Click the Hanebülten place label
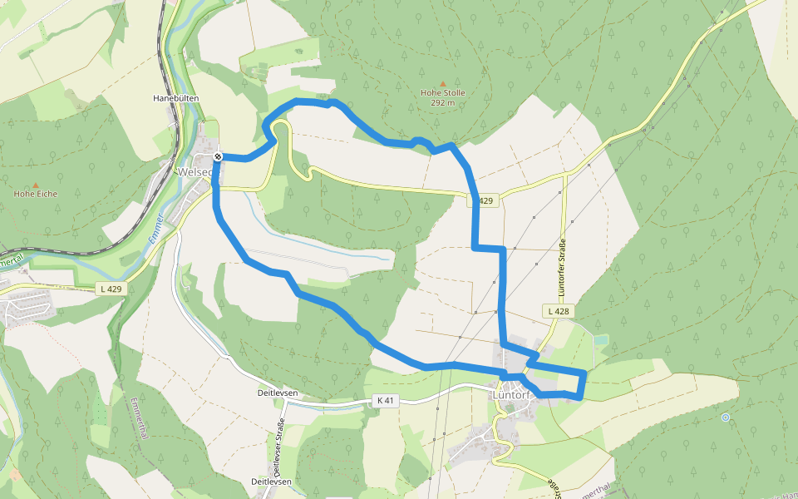pyautogui.click(x=174, y=97)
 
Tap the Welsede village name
pyautogui.click(x=196, y=172)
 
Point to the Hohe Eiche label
pyautogui.click(x=36, y=194)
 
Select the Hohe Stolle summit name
pyautogui.click(x=443, y=92)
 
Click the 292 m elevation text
pyautogui.click(x=443, y=102)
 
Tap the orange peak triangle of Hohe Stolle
pyautogui.click(x=442, y=82)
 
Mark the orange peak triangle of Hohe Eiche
pyautogui.click(x=36, y=184)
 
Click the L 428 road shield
pyautogui.click(x=558, y=310)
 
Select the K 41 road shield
pyautogui.click(x=385, y=400)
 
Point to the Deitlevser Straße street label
pyautogui.click(x=278, y=450)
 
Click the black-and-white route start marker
pyautogui.click(x=218, y=156)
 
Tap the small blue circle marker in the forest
pyautogui.click(x=726, y=417)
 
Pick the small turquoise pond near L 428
pyautogui.click(x=600, y=340)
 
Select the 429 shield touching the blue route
pyautogui.click(x=485, y=201)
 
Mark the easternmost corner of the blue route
pyautogui.click(x=586, y=373)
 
